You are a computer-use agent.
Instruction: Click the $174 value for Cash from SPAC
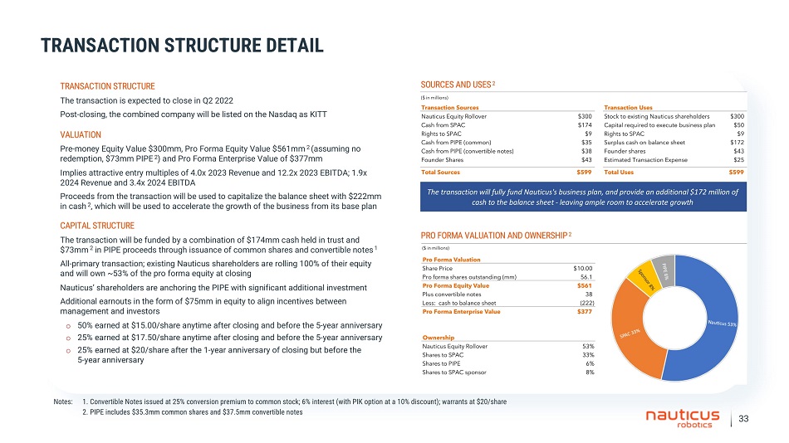click(x=585, y=125)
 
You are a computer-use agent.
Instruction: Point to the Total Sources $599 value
click(x=584, y=172)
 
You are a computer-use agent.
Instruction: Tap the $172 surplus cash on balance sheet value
click(x=736, y=143)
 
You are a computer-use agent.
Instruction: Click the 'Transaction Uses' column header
click(x=629, y=109)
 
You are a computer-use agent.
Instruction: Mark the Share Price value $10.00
click(x=583, y=268)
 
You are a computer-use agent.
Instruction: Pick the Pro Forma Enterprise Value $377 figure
click(x=585, y=311)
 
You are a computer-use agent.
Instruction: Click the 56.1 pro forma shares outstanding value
click(x=586, y=277)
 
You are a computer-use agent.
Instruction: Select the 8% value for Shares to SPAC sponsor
click(x=588, y=372)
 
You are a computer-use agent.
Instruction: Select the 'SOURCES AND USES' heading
click(x=458, y=85)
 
